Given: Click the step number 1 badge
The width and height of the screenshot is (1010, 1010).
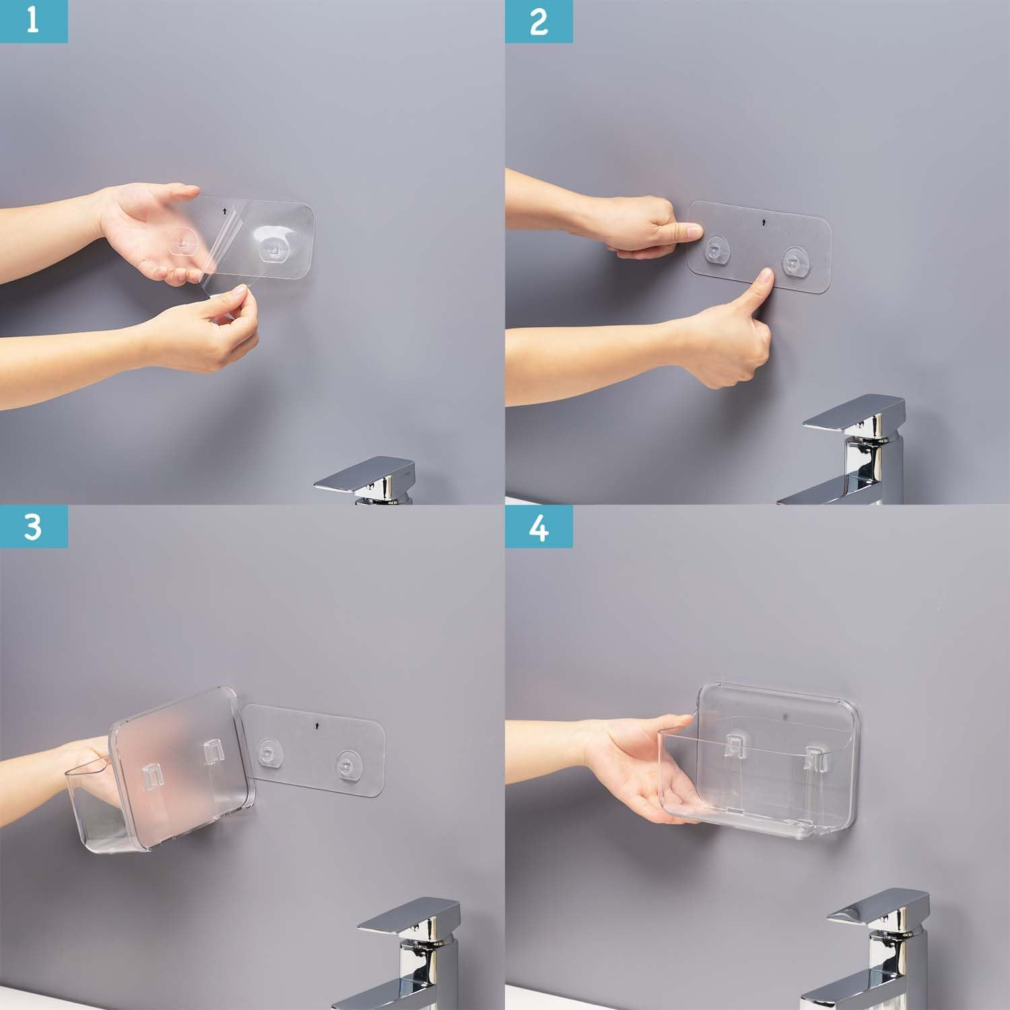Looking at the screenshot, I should click(x=33, y=21).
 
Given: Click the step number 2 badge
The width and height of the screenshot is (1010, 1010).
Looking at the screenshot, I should click(x=539, y=21).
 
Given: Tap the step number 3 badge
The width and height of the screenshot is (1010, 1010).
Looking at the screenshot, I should click(x=33, y=527).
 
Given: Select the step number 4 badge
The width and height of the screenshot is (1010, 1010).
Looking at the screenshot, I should click(x=539, y=527).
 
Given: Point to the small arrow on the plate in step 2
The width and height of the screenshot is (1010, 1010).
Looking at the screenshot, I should click(x=764, y=220).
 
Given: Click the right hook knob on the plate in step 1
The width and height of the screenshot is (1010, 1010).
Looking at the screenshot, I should click(x=272, y=248).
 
